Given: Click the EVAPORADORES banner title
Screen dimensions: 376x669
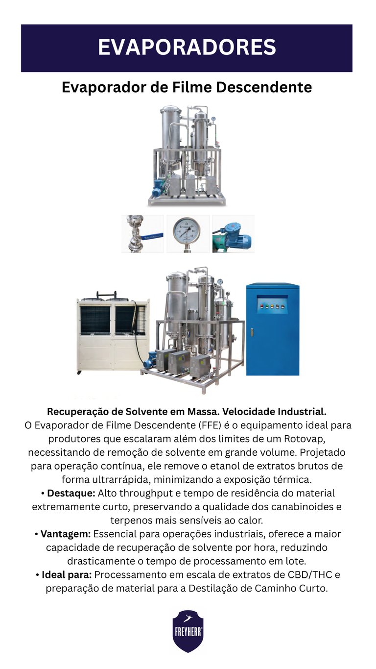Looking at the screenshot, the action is (187, 47).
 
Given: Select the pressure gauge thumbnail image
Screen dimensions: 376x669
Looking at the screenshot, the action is (188, 234).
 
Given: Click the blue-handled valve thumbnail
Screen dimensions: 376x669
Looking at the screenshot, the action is (142, 234).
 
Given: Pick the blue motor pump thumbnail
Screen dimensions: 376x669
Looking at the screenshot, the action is (234, 234).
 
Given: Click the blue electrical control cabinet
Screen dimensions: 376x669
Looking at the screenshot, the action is (272, 330).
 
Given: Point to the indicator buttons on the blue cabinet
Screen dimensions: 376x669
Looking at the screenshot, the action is (272, 306).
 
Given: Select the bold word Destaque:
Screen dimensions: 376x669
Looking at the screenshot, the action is (71, 493).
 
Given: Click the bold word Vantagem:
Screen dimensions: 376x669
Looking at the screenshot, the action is (65, 534).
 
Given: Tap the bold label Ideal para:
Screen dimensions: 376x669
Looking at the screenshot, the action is (67, 574).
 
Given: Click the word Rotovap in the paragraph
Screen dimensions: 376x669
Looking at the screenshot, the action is (303, 439).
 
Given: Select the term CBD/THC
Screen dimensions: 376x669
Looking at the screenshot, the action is (309, 574).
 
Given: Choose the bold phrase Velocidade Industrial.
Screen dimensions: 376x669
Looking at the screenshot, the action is (274, 412).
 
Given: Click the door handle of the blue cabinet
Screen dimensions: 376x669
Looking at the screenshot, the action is (252, 332).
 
